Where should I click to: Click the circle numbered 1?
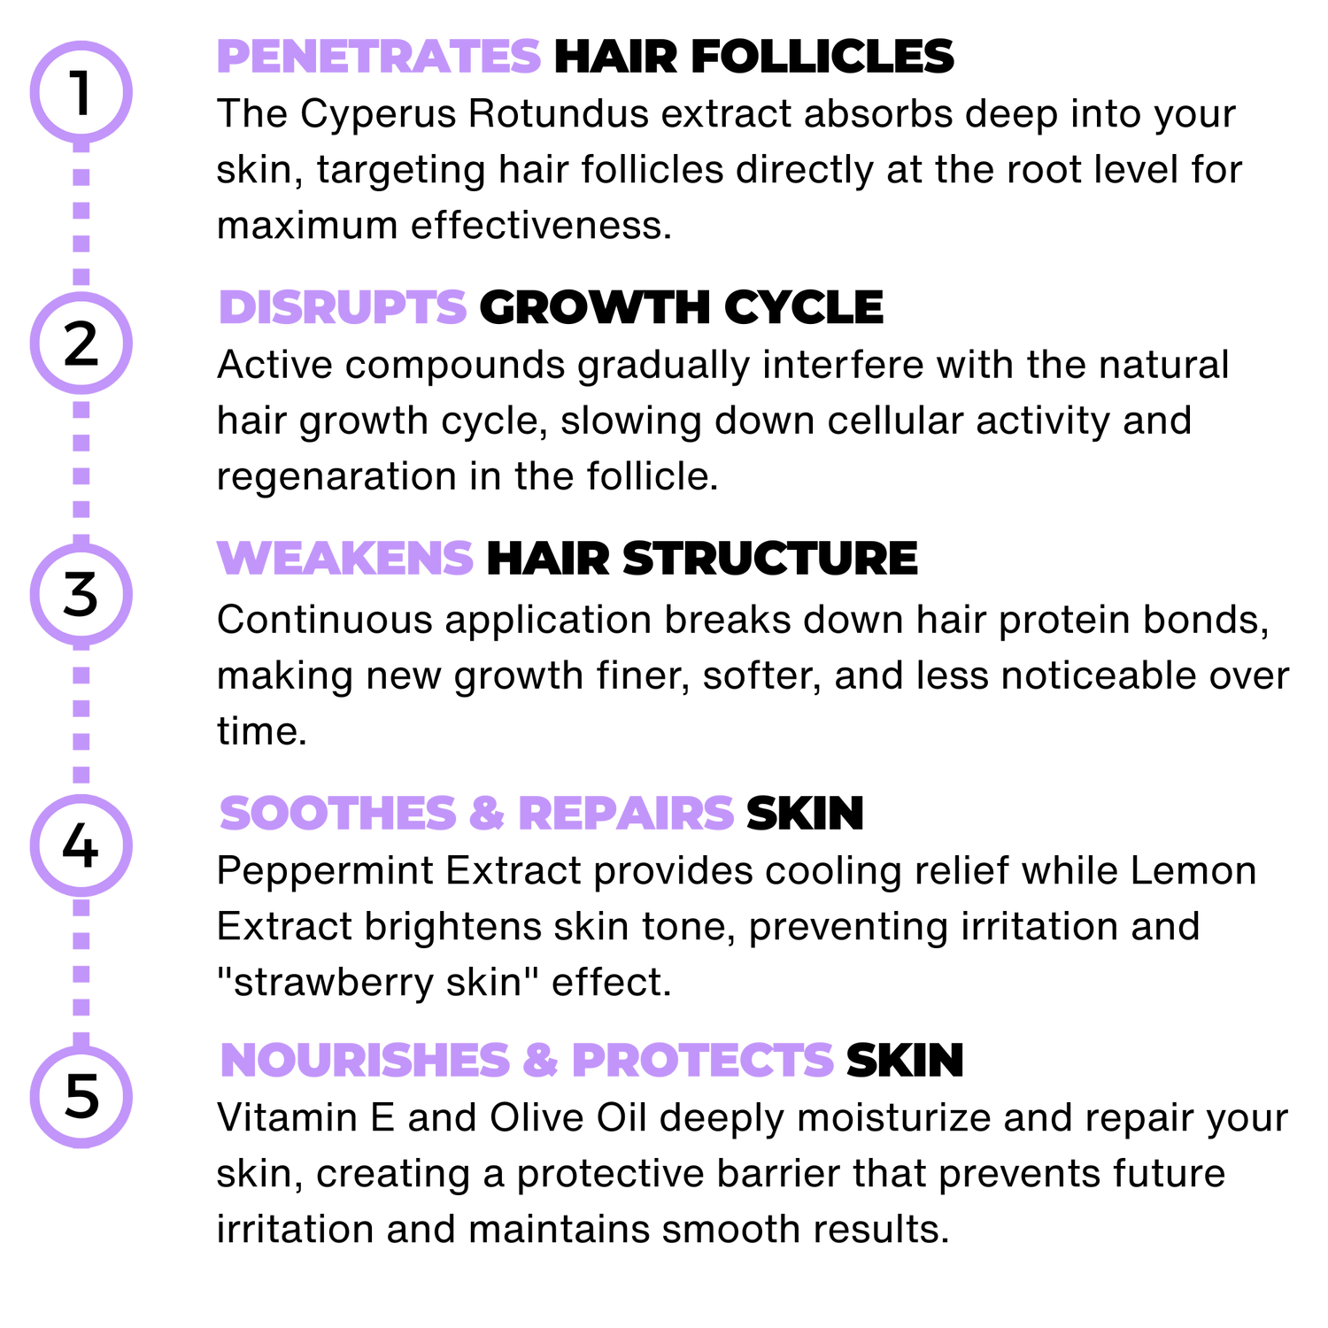click(x=81, y=92)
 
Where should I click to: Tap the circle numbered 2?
click(x=81, y=343)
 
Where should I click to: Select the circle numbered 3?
click(x=81, y=594)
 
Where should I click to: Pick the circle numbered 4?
click(x=81, y=845)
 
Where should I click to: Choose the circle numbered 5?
click(x=81, y=1096)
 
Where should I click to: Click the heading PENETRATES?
click(x=379, y=57)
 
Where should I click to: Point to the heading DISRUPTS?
click(x=343, y=307)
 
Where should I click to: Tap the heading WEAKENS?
click(x=345, y=558)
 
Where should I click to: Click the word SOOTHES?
click(x=336, y=813)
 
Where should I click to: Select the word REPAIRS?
click(x=626, y=813)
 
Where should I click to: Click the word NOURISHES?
click(x=365, y=1060)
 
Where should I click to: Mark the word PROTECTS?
click(x=703, y=1060)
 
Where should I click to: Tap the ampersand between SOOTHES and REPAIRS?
click(x=486, y=813)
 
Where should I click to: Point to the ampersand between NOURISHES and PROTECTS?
click(x=540, y=1060)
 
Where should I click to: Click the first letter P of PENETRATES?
click(x=232, y=57)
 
